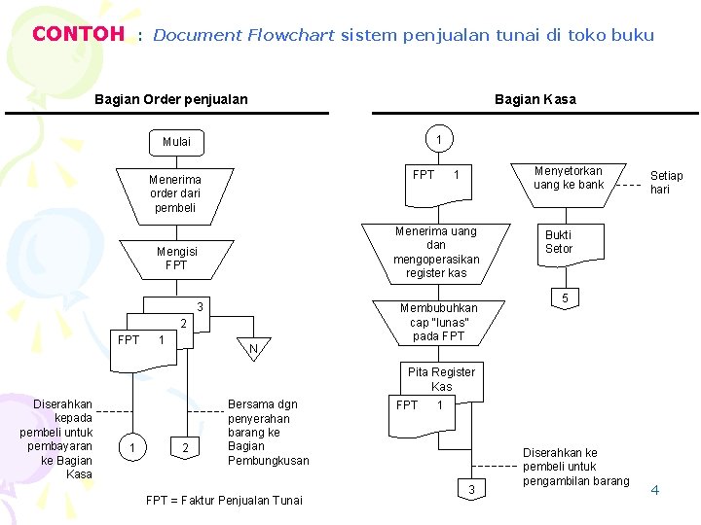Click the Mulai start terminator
click(x=176, y=142)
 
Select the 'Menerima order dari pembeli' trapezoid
click(x=175, y=196)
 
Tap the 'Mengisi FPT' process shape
click(x=176, y=260)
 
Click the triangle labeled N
click(x=253, y=347)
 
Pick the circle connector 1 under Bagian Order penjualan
click(x=132, y=447)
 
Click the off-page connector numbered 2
click(x=185, y=447)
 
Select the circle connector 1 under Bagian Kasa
click(x=439, y=139)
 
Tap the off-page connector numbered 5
click(x=565, y=298)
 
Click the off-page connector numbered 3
click(x=471, y=489)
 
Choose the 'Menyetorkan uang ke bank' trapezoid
click(x=569, y=186)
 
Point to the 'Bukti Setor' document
click(x=571, y=245)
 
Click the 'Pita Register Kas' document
click(x=442, y=378)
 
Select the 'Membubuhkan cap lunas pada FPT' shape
click(x=438, y=323)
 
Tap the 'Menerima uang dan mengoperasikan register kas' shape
click(x=436, y=254)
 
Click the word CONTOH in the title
click(x=79, y=34)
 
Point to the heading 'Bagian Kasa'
click(x=535, y=99)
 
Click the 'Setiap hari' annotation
click(x=666, y=182)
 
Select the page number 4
click(x=655, y=490)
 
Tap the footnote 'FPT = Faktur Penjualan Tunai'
click(x=224, y=501)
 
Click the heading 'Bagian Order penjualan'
click(x=171, y=99)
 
